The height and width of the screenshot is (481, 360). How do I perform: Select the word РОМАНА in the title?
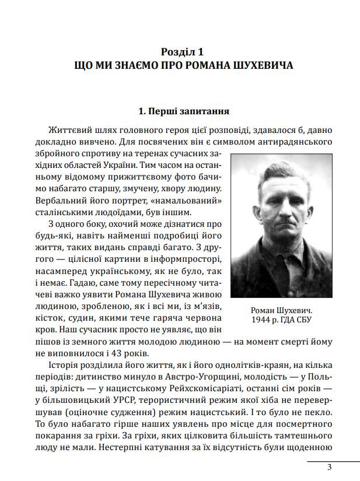coord(201,64)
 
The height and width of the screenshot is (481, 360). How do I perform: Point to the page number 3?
coord(329,467)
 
